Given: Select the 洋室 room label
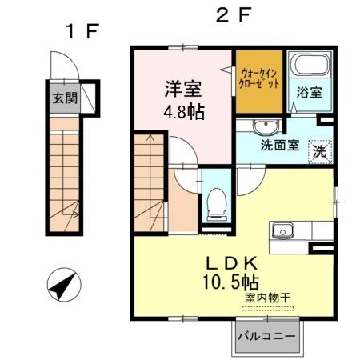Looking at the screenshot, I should point(184,87).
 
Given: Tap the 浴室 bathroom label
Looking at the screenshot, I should point(310,92).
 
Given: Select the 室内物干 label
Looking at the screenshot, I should point(268,298).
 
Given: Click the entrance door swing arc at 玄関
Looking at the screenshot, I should point(61,70).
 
